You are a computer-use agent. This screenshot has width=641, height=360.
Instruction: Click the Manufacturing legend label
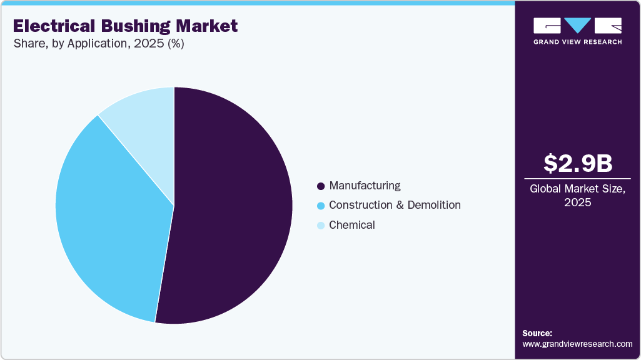[365, 186]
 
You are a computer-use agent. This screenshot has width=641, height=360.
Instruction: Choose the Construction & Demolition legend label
[395, 205]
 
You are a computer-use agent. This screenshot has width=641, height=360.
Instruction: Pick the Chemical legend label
[351, 225]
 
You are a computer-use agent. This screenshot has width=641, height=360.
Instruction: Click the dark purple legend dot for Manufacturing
[321, 186]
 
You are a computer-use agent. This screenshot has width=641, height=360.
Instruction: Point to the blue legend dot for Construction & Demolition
[321, 206]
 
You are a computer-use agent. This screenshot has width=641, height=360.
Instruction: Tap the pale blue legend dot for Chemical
[321, 226]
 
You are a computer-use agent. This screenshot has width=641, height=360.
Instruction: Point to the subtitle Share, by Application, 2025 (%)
[98, 44]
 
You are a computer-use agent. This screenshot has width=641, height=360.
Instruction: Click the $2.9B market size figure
[577, 163]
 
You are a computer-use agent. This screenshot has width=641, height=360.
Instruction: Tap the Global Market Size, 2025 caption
[577, 196]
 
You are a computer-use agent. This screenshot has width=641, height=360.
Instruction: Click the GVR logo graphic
[577, 26]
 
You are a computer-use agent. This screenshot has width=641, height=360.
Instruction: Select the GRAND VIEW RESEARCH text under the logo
[577, 42]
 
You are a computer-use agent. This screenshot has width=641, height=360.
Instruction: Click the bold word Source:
[537, 333]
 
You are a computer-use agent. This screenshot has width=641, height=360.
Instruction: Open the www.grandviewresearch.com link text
[577, 344]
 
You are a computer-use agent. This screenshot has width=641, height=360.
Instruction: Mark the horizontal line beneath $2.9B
[577, 178]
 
